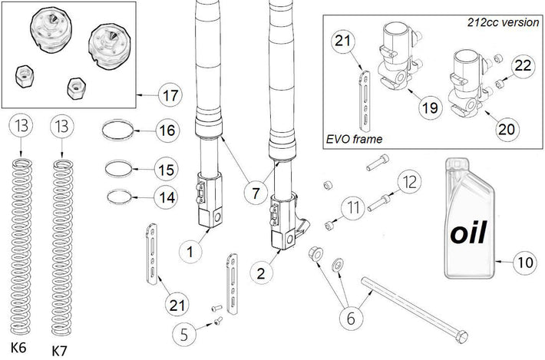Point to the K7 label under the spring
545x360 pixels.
[x=59, y=350]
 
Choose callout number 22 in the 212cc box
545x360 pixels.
[x=522, y=68]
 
